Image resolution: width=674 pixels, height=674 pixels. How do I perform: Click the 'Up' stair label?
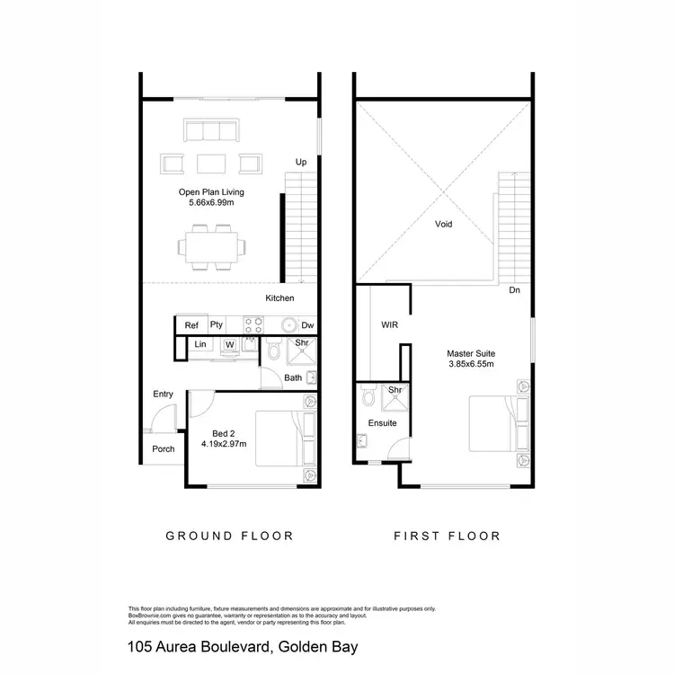[x=302, y=162]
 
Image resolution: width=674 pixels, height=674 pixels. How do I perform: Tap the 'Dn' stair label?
[x=514, y=290]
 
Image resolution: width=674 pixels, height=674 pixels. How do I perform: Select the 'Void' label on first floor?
[x=443, y=225]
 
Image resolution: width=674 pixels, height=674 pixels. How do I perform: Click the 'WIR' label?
[x=389, y=324]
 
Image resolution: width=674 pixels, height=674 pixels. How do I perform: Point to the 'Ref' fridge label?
[x=191, y=325]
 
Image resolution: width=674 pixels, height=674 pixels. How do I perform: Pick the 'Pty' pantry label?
[x=217, y=325]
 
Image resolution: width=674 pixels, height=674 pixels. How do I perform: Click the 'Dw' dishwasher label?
[x=307, y=325]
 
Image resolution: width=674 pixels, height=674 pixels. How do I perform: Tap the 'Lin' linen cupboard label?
[x=200, y=344]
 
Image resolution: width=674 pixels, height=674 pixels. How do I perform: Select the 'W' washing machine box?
[x=230, y=344]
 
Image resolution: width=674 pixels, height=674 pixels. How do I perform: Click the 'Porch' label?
[x=164, y=449]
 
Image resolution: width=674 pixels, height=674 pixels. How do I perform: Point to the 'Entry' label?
[x=164, y=395]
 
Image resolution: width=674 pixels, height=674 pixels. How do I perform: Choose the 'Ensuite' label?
[x=382, y=422]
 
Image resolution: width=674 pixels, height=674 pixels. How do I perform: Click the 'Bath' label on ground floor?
[x=293, y=377]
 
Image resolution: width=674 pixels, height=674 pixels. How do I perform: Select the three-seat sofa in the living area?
[x=213, y=130]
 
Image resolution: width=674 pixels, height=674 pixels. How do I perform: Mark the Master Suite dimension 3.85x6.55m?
[x=472, y=365]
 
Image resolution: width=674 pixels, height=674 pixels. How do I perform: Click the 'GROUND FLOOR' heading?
[x=229, y=537]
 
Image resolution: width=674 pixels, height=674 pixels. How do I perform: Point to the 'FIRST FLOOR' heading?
[x=447, y=537]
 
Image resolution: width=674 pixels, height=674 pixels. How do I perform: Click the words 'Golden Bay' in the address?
[x=324, y=646]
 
